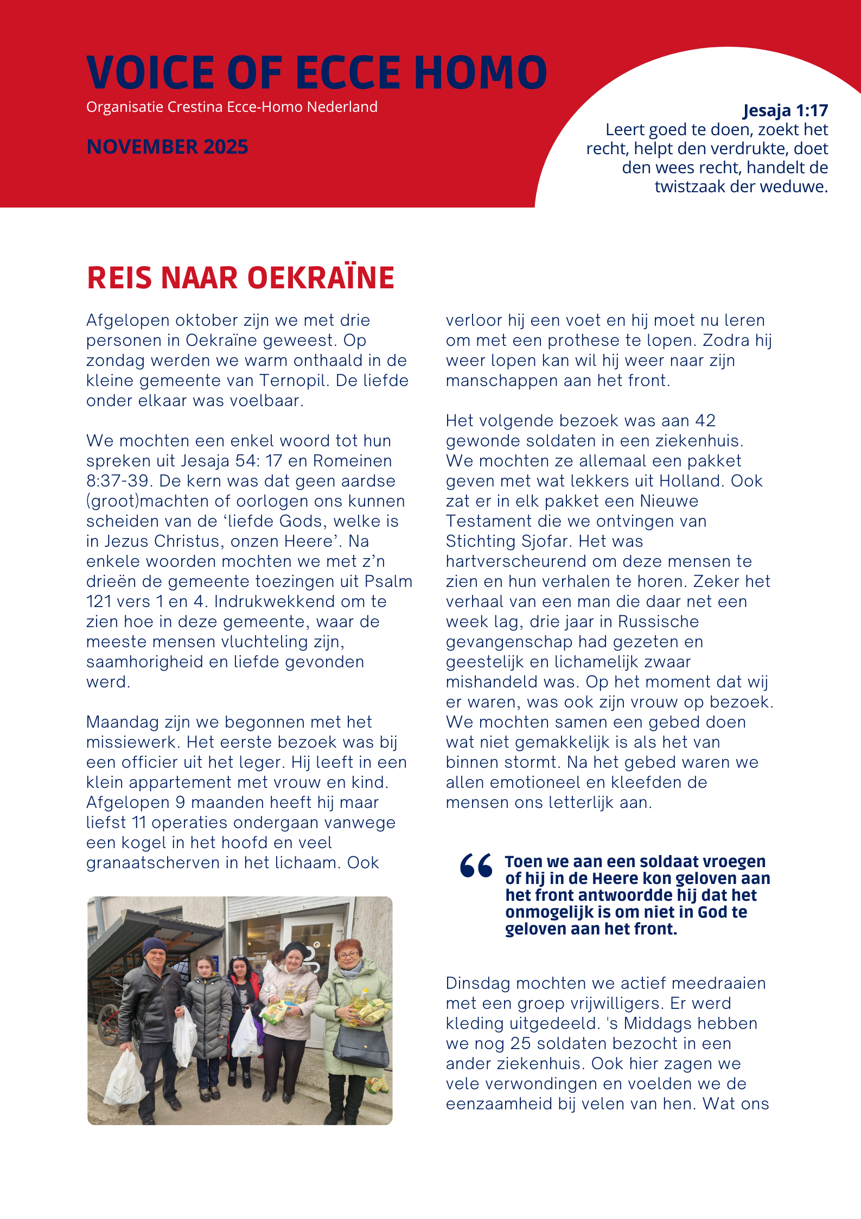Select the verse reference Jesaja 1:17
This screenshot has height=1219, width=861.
click(x=785, y=111)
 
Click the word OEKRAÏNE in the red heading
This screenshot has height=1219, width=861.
click(x=321, y=278)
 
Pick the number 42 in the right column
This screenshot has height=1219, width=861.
click(x=705, y=421)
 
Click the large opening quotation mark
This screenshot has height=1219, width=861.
click(x=476, y=866)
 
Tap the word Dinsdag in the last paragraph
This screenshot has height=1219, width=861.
click(x=478, y=983)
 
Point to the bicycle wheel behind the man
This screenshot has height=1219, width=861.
click(x=109, y=1021)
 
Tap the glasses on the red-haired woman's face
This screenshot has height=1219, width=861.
click(x=347, y=955)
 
